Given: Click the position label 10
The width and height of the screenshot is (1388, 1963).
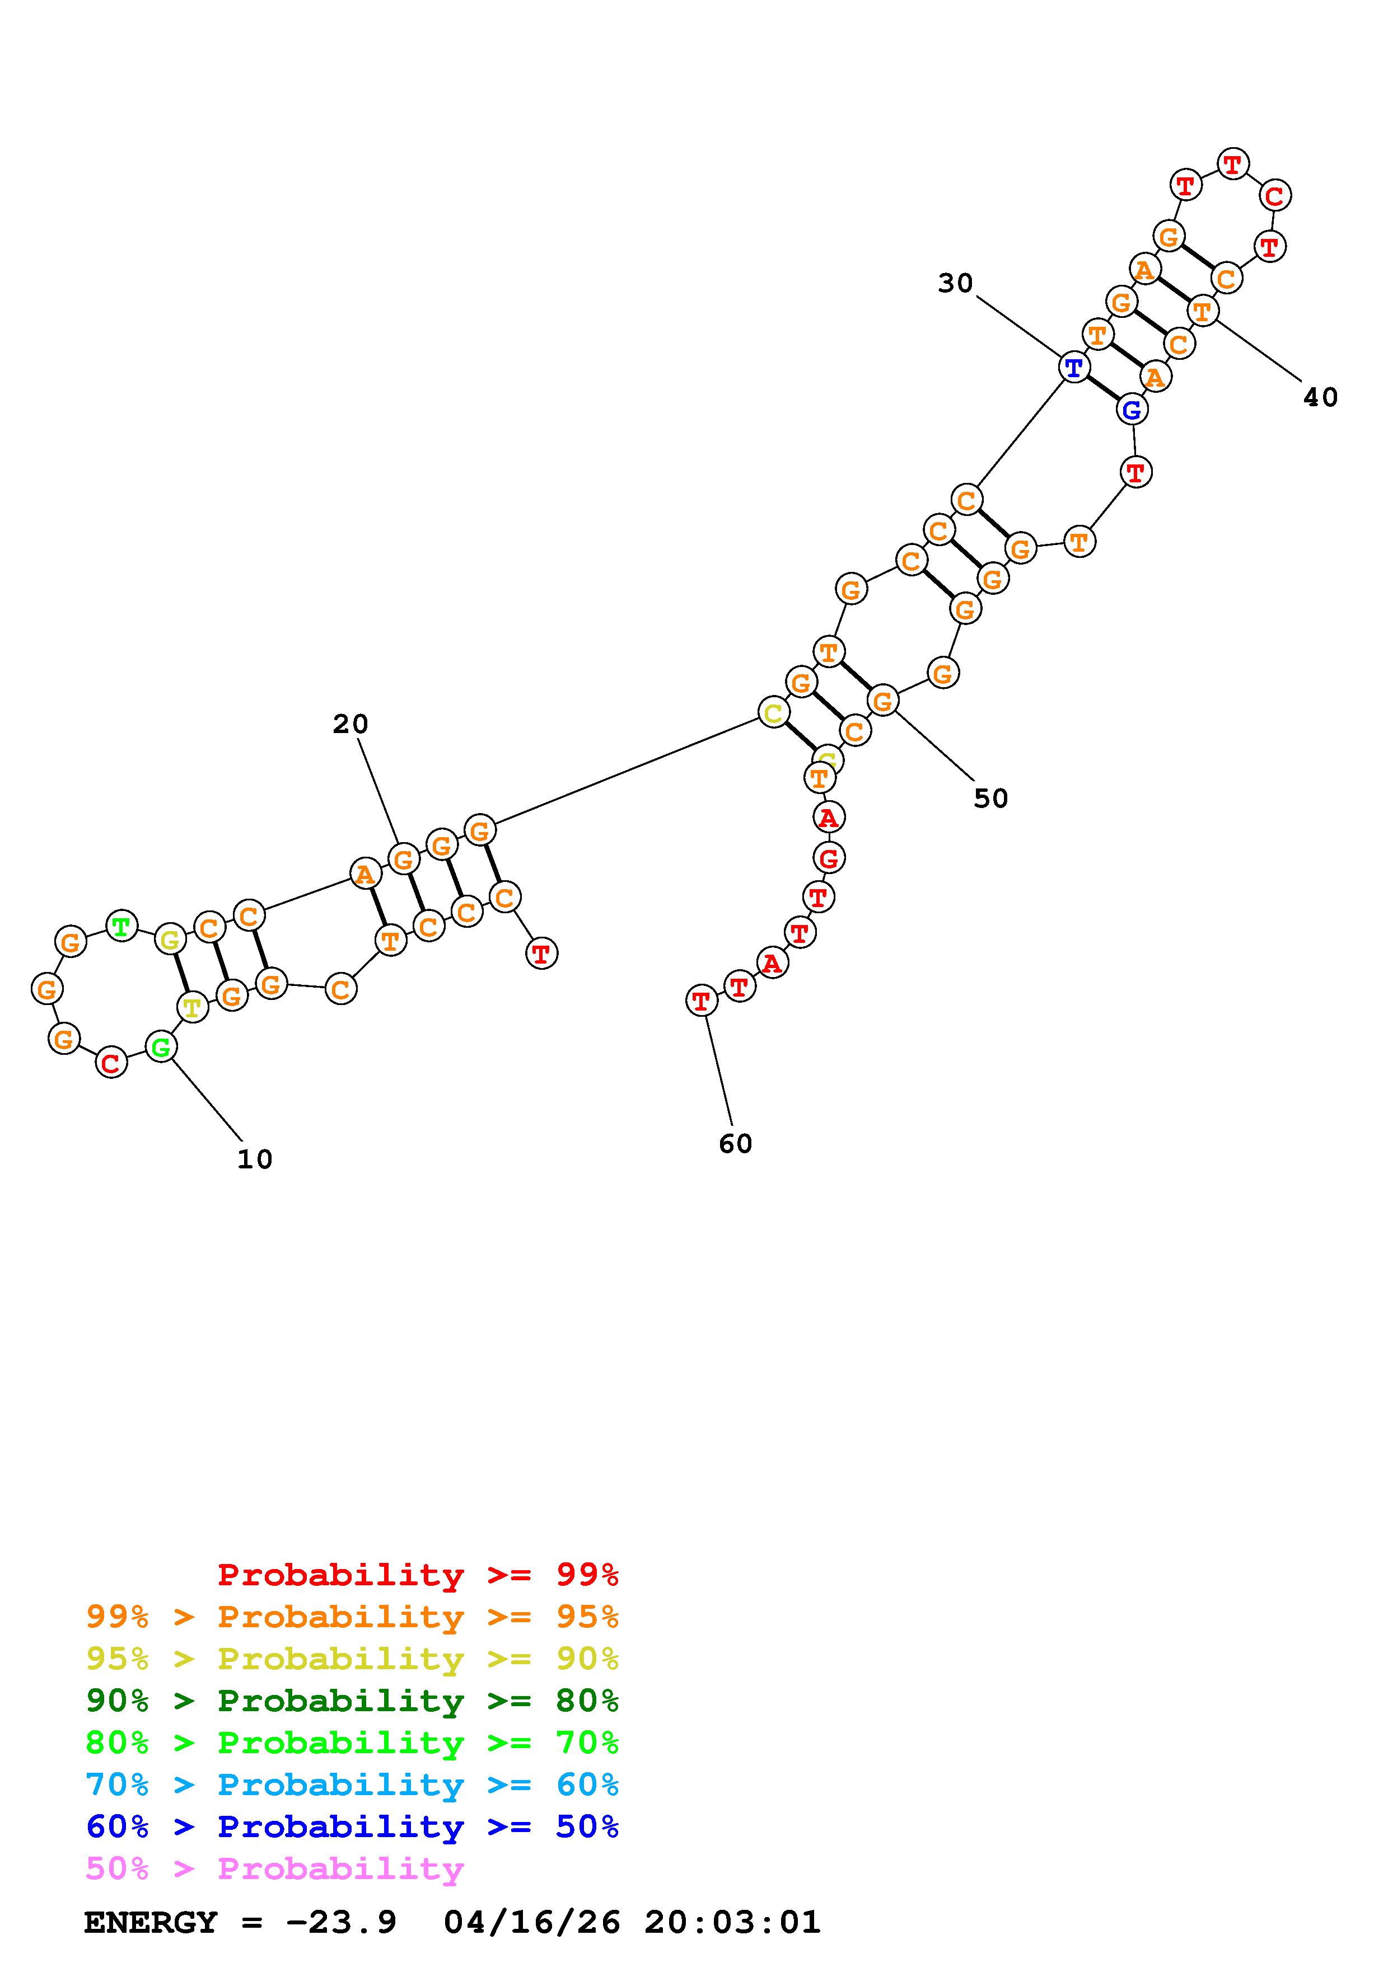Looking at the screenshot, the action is click(255, 1159).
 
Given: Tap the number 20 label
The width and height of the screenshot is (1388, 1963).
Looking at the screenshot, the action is click(350, 724).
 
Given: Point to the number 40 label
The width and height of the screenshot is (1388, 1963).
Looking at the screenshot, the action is click(1320, 397).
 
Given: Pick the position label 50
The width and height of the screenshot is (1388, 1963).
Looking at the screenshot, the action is click(991, 799).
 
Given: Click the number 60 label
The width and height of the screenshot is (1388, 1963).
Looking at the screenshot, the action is click(736, 1144).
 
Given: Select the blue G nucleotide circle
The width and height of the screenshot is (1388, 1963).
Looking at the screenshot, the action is click(1132, 410).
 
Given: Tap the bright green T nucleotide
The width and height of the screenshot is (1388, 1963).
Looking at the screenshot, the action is click(121, 926).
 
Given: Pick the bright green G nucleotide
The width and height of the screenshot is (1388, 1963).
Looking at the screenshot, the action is click(161, 1046).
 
